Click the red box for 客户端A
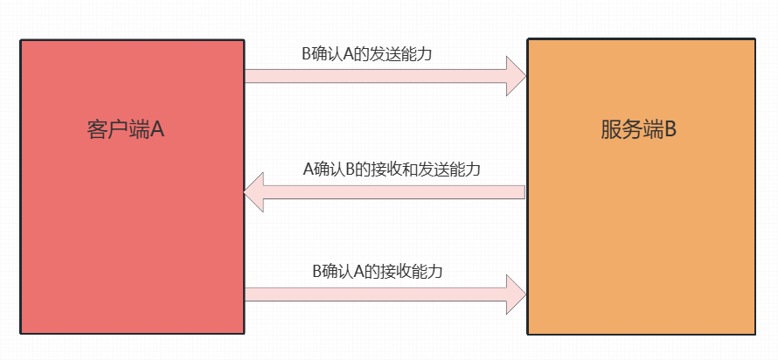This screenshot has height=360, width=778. coord(131,227)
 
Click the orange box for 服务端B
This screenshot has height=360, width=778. coord(640,227)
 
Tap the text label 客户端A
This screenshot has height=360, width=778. coord(126,129)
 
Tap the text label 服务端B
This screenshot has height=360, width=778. coord(639,129)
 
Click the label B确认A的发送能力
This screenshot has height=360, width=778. coord(367,54)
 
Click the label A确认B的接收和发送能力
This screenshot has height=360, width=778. coord(392,169)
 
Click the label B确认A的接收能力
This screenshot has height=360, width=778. coord(378,271)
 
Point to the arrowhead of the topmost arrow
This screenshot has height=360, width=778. coord(516,76)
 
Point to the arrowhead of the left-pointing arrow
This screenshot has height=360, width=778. coord(254,192)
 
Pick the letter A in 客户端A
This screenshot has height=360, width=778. coord(158,129)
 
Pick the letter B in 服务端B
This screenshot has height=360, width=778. coord(670,129)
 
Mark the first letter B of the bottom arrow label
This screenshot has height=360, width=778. coord(318,271)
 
